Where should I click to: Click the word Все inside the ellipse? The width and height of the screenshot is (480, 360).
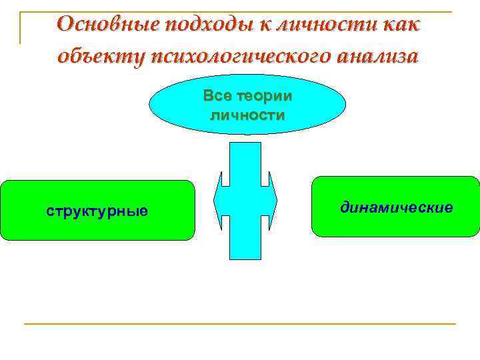(219, 96)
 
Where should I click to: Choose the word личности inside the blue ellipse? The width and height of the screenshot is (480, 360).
(247, 115)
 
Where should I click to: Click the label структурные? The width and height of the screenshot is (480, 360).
(97, 211)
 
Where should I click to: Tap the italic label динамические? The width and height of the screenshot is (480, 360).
(396, 208)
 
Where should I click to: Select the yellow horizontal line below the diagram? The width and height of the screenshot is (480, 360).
(240, 324)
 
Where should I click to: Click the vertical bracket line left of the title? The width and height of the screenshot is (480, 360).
(20, 27)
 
